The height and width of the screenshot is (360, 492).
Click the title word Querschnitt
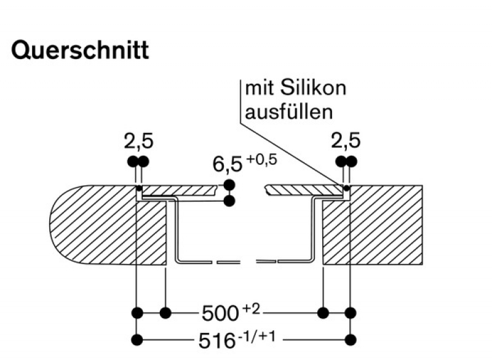(80, 50)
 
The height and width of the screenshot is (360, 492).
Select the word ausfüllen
(289, 112)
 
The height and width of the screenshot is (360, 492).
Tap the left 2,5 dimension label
(138, 142)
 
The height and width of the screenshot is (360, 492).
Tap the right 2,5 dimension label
(345, 142)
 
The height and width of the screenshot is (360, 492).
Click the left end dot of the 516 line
(137, 339)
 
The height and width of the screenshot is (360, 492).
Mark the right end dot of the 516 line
(351, 339)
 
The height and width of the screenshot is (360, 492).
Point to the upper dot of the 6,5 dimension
(229, 185)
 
